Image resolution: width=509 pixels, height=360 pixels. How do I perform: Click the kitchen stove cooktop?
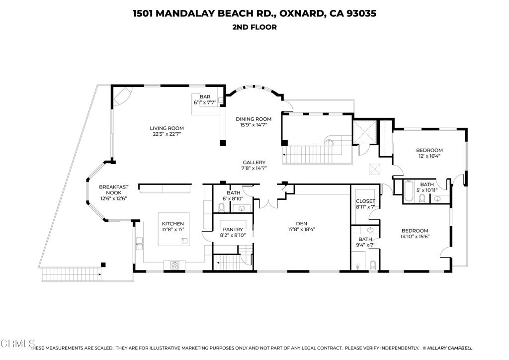[x=175, y=266]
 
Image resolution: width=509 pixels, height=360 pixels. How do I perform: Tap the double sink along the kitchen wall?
[x=140, y=243]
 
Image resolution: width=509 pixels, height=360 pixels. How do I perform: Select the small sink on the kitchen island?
[x=185, y=241]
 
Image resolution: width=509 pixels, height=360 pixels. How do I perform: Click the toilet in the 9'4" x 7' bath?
[x=373, y=265]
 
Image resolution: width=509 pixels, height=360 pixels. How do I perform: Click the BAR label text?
[x=205, y=97]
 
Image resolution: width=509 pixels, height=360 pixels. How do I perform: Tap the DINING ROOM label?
[x=254, y=119]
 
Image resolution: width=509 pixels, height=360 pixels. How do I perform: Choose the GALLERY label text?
[x=254, y=163]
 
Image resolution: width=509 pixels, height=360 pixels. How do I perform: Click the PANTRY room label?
[x=233, y=229]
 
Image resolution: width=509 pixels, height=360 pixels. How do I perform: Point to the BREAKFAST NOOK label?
[x=113, y=190]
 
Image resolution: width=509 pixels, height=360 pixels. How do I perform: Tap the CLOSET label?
[x=365, y=201]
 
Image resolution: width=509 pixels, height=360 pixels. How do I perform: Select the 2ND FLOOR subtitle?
[x=254, y=27]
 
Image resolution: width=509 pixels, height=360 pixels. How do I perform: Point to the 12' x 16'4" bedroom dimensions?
[x=429, y=157]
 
